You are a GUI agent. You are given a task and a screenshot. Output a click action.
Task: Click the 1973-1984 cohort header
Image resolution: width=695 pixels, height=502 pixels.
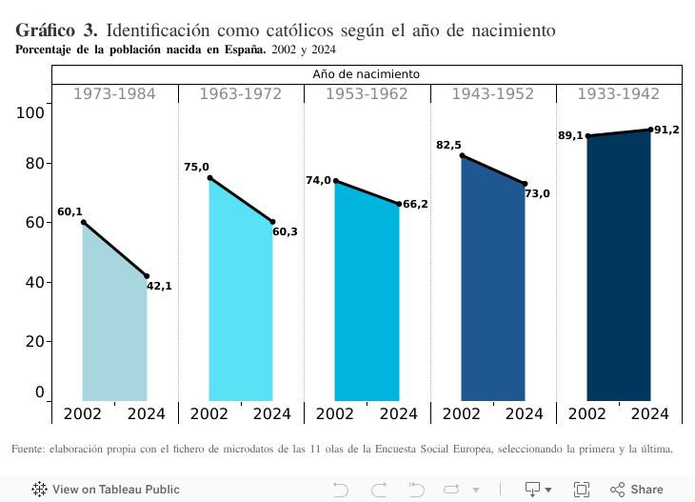pyautogui.click(x=114, y=93)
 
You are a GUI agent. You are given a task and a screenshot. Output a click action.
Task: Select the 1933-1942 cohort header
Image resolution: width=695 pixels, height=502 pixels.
pyautogui.click(x=619, y=93)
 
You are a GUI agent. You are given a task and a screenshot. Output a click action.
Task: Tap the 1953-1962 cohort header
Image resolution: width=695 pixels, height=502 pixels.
pyautogui.click(x=367, y=93)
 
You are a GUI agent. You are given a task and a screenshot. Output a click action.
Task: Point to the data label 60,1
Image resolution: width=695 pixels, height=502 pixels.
pyautogui.click(x=69, y=212)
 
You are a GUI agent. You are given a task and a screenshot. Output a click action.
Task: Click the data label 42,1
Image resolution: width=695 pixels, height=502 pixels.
pyautogui.click(x=159, y=286)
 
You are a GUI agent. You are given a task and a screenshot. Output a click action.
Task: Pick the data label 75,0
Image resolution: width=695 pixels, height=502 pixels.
pyautogui.click(x=196, y=168)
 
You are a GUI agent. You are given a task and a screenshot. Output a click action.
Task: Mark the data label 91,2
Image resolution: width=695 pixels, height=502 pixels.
pyautogui.click(x=666, y=130)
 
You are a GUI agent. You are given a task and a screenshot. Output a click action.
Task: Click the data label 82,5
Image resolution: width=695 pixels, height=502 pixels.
pyautogui.click(x=448, y=146)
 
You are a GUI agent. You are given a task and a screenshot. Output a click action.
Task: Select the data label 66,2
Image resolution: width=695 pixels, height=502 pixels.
pyautogui.click(x=415, y=204)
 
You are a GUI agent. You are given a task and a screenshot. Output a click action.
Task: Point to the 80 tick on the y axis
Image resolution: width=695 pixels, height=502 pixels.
pyautogui.click(x=34, y=163)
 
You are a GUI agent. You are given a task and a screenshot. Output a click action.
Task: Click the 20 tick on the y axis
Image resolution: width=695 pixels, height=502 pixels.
pyautogui.click(x=34, y=341)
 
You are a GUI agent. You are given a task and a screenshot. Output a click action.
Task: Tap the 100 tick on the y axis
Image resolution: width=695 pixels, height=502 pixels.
pyautogui.click(x=31, y=112)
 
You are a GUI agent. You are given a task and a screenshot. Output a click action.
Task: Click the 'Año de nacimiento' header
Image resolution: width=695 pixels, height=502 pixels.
pyautogui.click(x=367, y=73)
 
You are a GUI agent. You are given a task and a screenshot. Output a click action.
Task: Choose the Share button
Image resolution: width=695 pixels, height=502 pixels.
pyautogui.click(x=637, y=490)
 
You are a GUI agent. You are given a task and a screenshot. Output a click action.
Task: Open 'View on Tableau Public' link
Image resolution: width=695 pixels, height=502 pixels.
pyautogui.click(x=106, y=490)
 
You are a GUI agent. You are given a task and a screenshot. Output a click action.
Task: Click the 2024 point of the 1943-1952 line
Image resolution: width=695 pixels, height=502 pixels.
pyautogui.click(x=525, y=184)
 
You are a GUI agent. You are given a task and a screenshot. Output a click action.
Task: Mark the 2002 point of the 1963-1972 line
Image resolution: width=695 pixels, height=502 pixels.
pyautogui.click(x=209, y=178)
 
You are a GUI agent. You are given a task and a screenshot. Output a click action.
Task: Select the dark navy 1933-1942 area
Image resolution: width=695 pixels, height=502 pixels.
pyautogui.click(x=619, y=276)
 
